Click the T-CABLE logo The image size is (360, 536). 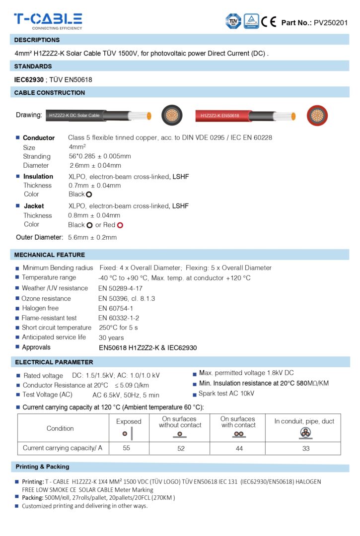coord(48,20)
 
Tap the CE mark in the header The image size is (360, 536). coord(269,21)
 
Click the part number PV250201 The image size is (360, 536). coord(331,23)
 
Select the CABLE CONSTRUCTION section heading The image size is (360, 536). coord(50,93)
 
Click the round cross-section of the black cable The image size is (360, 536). coord(171,115)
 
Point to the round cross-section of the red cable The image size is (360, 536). coord(317,115)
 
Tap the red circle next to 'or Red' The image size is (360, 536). coord(120,225)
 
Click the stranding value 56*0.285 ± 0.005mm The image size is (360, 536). coord(100,156)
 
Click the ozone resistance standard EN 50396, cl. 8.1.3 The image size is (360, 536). coord(127,298)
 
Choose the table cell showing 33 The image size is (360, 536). coord(306,448)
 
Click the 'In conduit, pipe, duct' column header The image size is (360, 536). coord(304,421)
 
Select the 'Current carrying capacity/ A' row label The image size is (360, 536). coord(63,448)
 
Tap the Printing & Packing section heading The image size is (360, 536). coord(43,467)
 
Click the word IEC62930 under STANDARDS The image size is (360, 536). coord(29,79)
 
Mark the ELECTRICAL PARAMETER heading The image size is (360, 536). coord(54,362)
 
